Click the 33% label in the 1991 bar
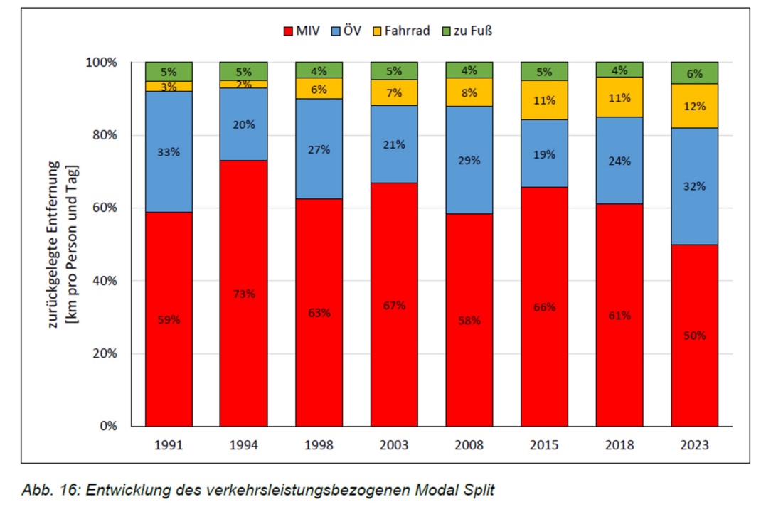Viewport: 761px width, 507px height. pyautogui.click(x=169, y=151)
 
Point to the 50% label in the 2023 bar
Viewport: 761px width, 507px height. pyautogui.click(x=694, y=335)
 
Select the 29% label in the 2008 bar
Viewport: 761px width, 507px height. pyautogui.click(x=469, y=160)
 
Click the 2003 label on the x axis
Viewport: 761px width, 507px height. pyautogui.click(x=394, y=445)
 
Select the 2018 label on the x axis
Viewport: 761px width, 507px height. pyautogui.click(x=619, y=445)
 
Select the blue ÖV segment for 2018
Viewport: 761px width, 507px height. pyautogui.click(x=619, y=160)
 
